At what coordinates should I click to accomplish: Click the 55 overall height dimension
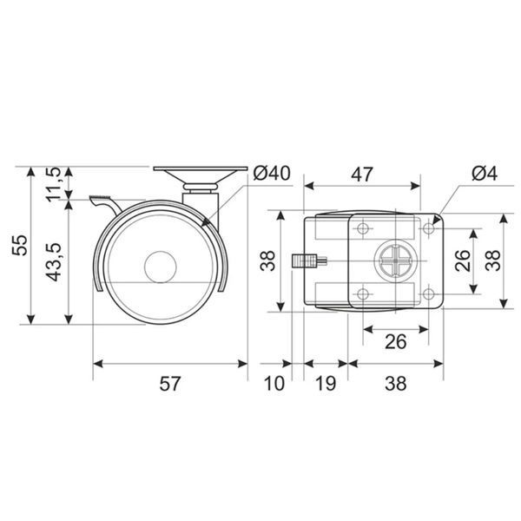[x=20, y=245]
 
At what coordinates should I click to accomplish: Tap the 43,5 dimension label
[x=54, y=262]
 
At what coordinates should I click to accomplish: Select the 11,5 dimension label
[x=54, y=185]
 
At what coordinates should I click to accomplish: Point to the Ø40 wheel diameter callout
[x=272, y=173]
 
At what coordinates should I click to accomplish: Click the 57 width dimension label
[x=170, y=384]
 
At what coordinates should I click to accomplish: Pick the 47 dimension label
[x=362, y=175]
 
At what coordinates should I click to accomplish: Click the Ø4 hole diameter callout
[x=485, y=173]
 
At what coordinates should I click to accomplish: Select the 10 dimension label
[x=274, y=384]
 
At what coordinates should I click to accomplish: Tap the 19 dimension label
[x=326, y=384]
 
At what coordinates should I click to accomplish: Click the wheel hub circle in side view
[x=160, y=267]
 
